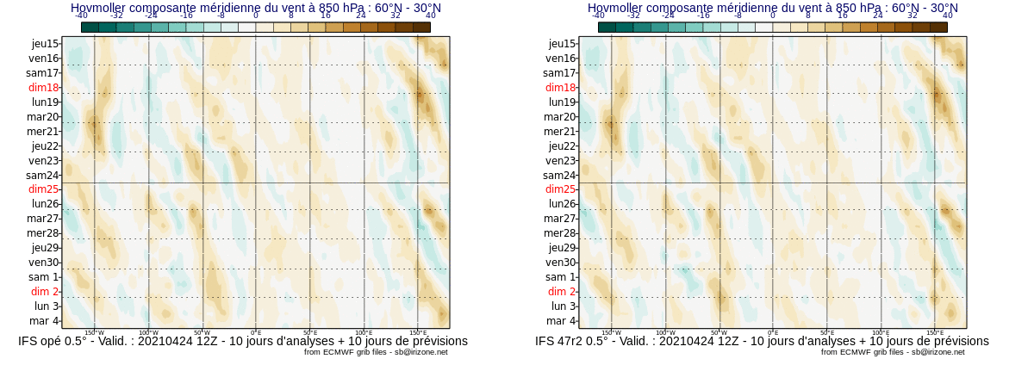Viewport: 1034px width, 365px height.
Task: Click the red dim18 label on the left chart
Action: point(43,88)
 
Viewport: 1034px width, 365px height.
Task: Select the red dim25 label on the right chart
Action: point(560,189)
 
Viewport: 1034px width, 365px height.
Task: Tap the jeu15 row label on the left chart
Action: point(45,44)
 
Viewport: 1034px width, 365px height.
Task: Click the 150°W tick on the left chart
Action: point(95,332)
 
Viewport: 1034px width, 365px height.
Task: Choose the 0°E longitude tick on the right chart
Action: point(773,332)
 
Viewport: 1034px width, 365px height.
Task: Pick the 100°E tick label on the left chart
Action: point(364,332)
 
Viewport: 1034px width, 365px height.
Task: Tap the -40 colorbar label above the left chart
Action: point(81,15)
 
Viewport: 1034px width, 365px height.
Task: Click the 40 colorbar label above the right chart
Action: point(948,15)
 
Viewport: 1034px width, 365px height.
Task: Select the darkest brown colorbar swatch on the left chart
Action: point(421,28)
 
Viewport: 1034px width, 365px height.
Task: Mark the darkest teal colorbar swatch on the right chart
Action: point(607,28)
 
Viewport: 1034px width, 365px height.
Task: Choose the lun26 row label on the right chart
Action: point(562,204)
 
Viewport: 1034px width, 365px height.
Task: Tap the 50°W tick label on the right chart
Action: point(719,332)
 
